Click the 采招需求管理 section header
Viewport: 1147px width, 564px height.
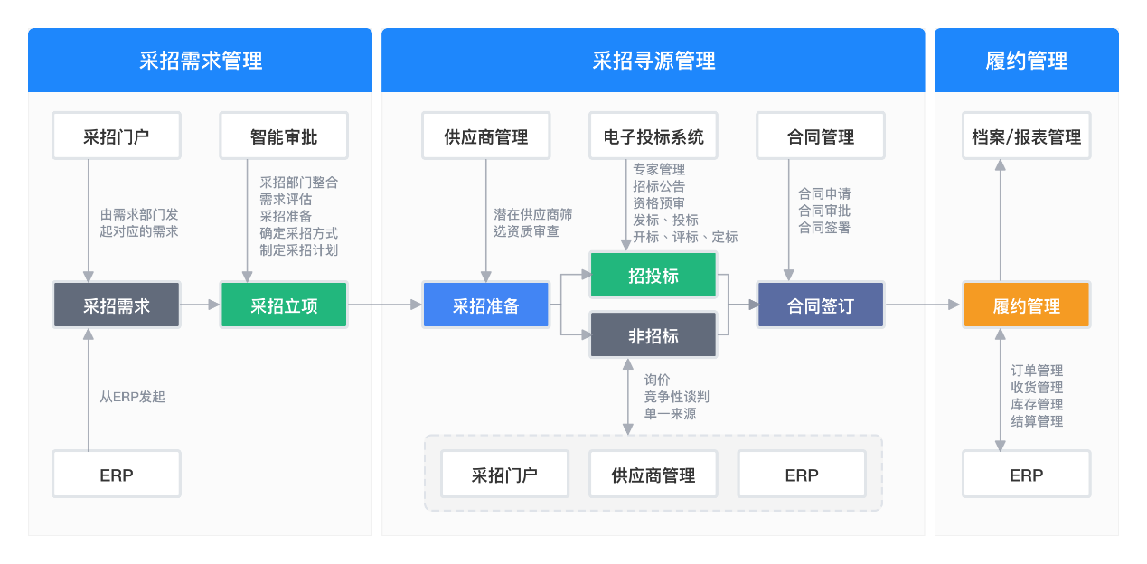200,61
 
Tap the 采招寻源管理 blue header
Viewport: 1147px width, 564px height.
653,61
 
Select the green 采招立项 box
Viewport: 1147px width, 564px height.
284,305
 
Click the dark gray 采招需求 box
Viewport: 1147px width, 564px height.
117,305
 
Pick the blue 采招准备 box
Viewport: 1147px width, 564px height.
485,305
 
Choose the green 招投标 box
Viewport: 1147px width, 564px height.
653,276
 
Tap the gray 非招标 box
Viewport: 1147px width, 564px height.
653,335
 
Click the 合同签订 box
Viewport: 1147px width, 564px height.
820,305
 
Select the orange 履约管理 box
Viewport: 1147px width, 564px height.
1026,305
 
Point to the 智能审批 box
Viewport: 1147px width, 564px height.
284,137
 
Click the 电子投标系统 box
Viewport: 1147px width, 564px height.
653,137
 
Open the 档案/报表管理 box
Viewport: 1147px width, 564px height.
1026,137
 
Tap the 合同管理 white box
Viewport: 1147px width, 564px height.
820,137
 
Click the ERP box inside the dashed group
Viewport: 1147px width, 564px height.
801,475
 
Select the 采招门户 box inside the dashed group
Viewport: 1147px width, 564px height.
504,475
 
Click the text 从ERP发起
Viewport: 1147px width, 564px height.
133,397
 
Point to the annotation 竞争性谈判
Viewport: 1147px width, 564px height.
677,397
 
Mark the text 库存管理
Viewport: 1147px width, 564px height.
1037,404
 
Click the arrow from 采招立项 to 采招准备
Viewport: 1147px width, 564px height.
385,305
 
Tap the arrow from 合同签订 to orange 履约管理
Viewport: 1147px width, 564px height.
922,305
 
